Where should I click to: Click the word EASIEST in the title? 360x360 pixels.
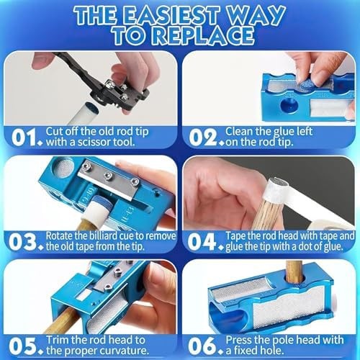tap(172, 15)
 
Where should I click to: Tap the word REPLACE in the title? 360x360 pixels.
tap(204, 35)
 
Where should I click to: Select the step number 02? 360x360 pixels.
tap(203, 138)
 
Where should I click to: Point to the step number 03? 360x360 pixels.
tap(23, 242)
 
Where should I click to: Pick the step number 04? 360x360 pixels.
tap(202, 242)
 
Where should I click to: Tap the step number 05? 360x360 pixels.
tap(23, 346)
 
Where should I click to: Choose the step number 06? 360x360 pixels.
tap(202, 346)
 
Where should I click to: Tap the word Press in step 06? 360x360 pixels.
tap(238, 340)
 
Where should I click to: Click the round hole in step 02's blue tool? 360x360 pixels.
tap(289, 106)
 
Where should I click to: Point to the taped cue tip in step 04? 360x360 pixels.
tap(276, 189)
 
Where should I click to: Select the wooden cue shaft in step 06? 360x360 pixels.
tap(294, 272)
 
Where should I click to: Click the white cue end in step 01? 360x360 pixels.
tap(84, 113)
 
